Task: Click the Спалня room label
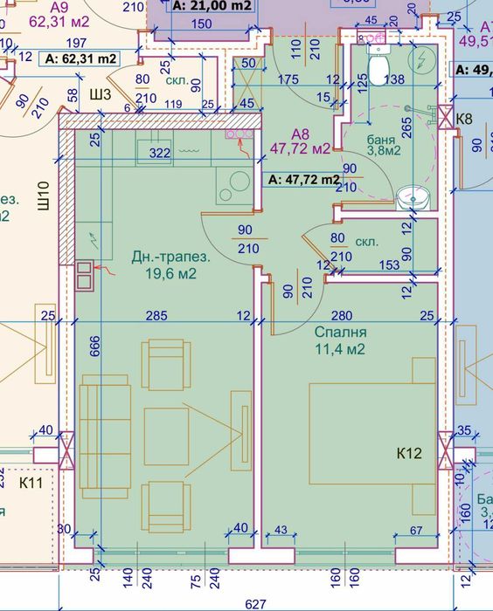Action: click(x=339, y=333)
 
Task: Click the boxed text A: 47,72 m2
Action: click(x=302, y=180)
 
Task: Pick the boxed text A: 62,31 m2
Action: click(x=79, y=58)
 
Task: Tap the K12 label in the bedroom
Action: click(x=411, y=453)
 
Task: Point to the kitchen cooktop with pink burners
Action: click(x=239, y=135)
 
